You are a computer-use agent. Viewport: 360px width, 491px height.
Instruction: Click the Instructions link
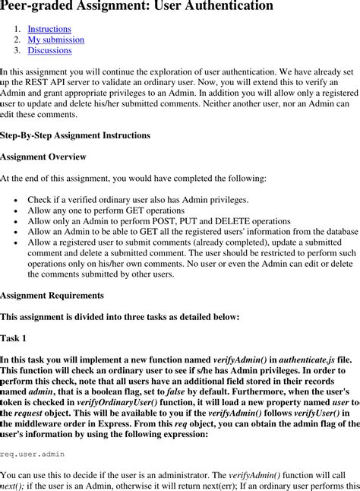[x=49, y=29]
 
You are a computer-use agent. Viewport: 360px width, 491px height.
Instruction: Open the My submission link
[x=55, y=40]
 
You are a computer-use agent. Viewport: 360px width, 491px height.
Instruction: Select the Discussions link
[x=49, y=50]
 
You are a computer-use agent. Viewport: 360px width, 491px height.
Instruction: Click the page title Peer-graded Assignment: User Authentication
[x=137, y=7]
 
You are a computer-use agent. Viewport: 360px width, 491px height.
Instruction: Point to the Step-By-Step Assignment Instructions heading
[x=75, y=135]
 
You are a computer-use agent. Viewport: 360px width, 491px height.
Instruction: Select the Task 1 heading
[x=14, y=337]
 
